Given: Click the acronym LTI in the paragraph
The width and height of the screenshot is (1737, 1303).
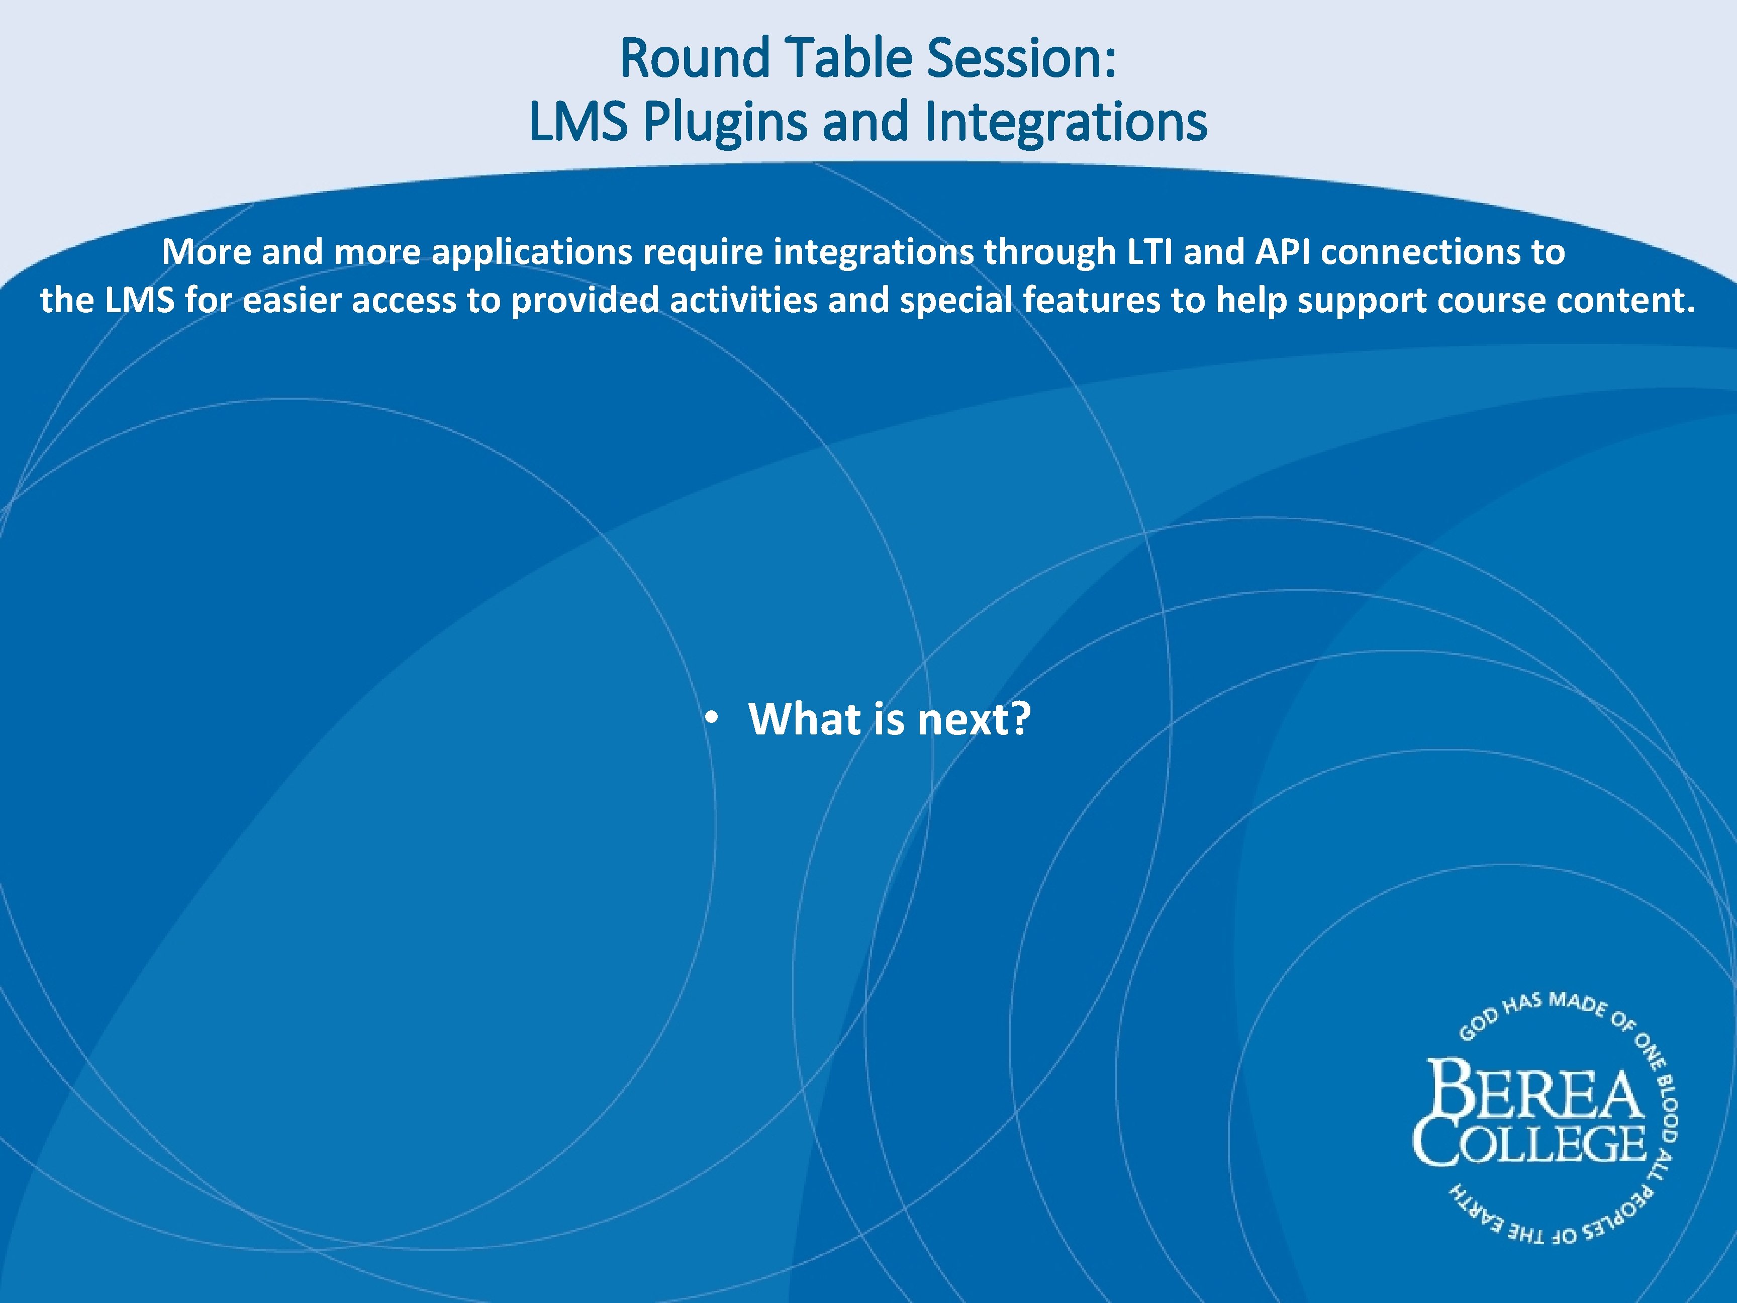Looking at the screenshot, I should [1149, 252].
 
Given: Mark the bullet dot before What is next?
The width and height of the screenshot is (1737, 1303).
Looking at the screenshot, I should [712, 718].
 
